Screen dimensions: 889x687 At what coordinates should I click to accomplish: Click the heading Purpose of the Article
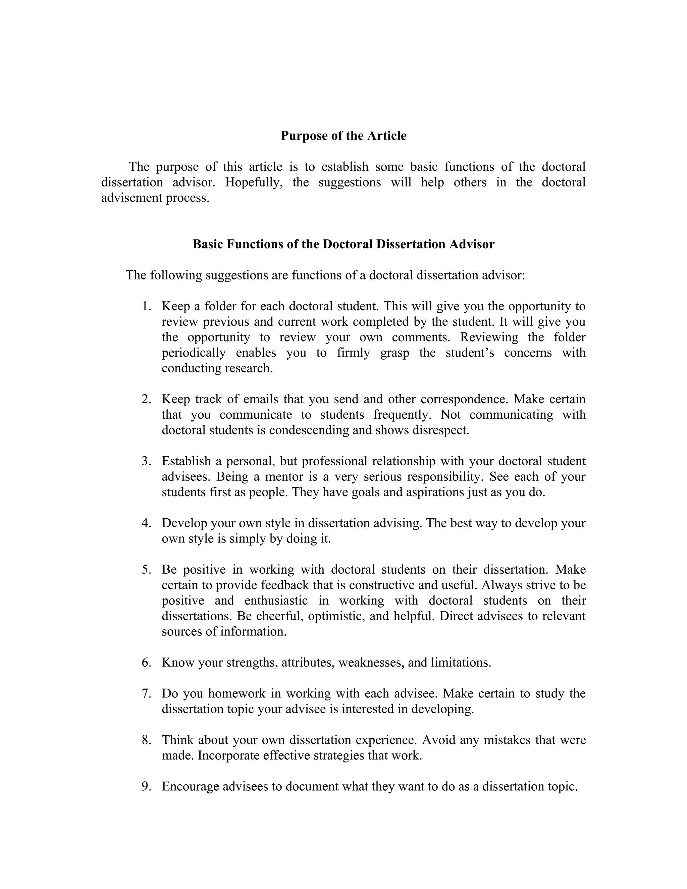pos(343,136)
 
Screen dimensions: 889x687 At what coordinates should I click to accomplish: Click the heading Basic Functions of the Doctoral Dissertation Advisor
pos(343,244)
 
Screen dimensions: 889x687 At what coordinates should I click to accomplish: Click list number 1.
pos(147,306)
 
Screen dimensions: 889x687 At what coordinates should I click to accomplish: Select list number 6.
pos(147,662)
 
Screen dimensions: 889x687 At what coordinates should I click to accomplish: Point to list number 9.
pos(147,786)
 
